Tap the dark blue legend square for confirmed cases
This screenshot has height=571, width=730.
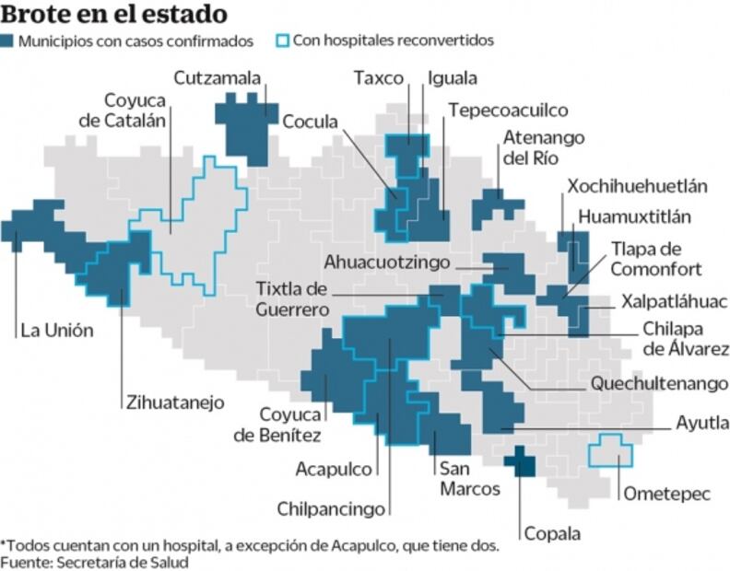click(x=7, y=41)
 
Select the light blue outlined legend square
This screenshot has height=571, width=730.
click(x=283, y=41)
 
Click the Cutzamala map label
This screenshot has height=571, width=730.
click(x=217, y=77)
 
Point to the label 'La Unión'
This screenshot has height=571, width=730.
click(x=56, y=330)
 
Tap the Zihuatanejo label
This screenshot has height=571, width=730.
click(x=174, y=402)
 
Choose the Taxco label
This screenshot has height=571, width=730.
click(x=380, y=77)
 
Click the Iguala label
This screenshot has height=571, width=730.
click(x=453, y=77)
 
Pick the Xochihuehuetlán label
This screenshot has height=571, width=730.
click(x=637, y=186)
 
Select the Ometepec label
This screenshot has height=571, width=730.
click(x=666, y=494)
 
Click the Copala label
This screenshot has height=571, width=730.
click(x=552, y=533)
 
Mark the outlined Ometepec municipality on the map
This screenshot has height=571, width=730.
click(x=610, y=450)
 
